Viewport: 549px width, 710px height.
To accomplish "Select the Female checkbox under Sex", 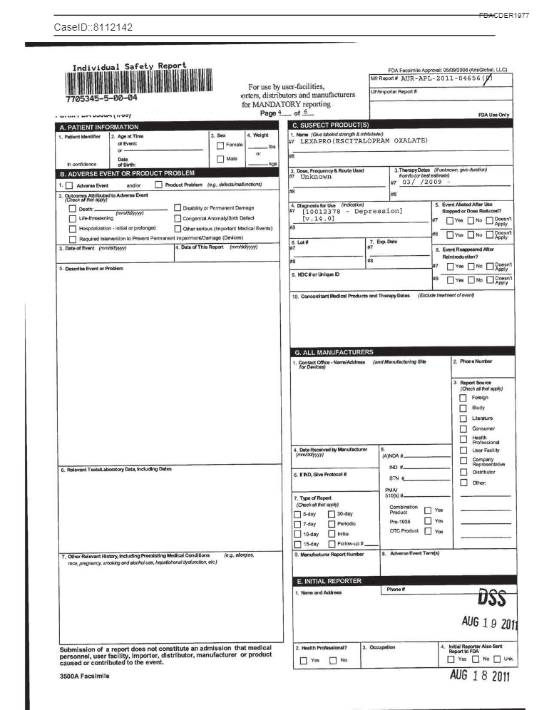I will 220,145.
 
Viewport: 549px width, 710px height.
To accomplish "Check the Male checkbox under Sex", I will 220,159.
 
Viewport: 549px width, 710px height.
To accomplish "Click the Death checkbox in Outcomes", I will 73,209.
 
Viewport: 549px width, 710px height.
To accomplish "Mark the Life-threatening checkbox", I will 73,218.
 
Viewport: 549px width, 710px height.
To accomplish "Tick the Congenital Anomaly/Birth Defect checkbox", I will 178,218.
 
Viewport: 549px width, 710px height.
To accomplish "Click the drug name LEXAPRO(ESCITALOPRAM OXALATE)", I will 364,141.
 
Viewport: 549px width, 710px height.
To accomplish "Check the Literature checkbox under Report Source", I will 463,418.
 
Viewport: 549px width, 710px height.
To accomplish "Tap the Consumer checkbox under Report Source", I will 463,428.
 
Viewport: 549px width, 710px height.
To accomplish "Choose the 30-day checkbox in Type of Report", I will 332,513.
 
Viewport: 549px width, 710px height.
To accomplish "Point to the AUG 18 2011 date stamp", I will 479,676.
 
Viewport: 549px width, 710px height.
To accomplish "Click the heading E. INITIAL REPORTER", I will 329,581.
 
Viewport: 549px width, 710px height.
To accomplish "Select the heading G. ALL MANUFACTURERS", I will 333,352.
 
